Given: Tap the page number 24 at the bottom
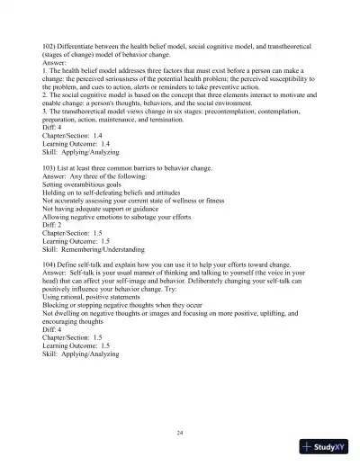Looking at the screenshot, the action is click(180, 434).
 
